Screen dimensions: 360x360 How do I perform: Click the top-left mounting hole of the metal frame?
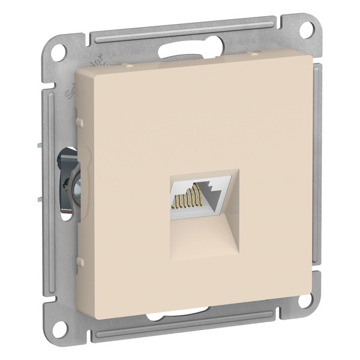pyautogui.click(x=59, y=50)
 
